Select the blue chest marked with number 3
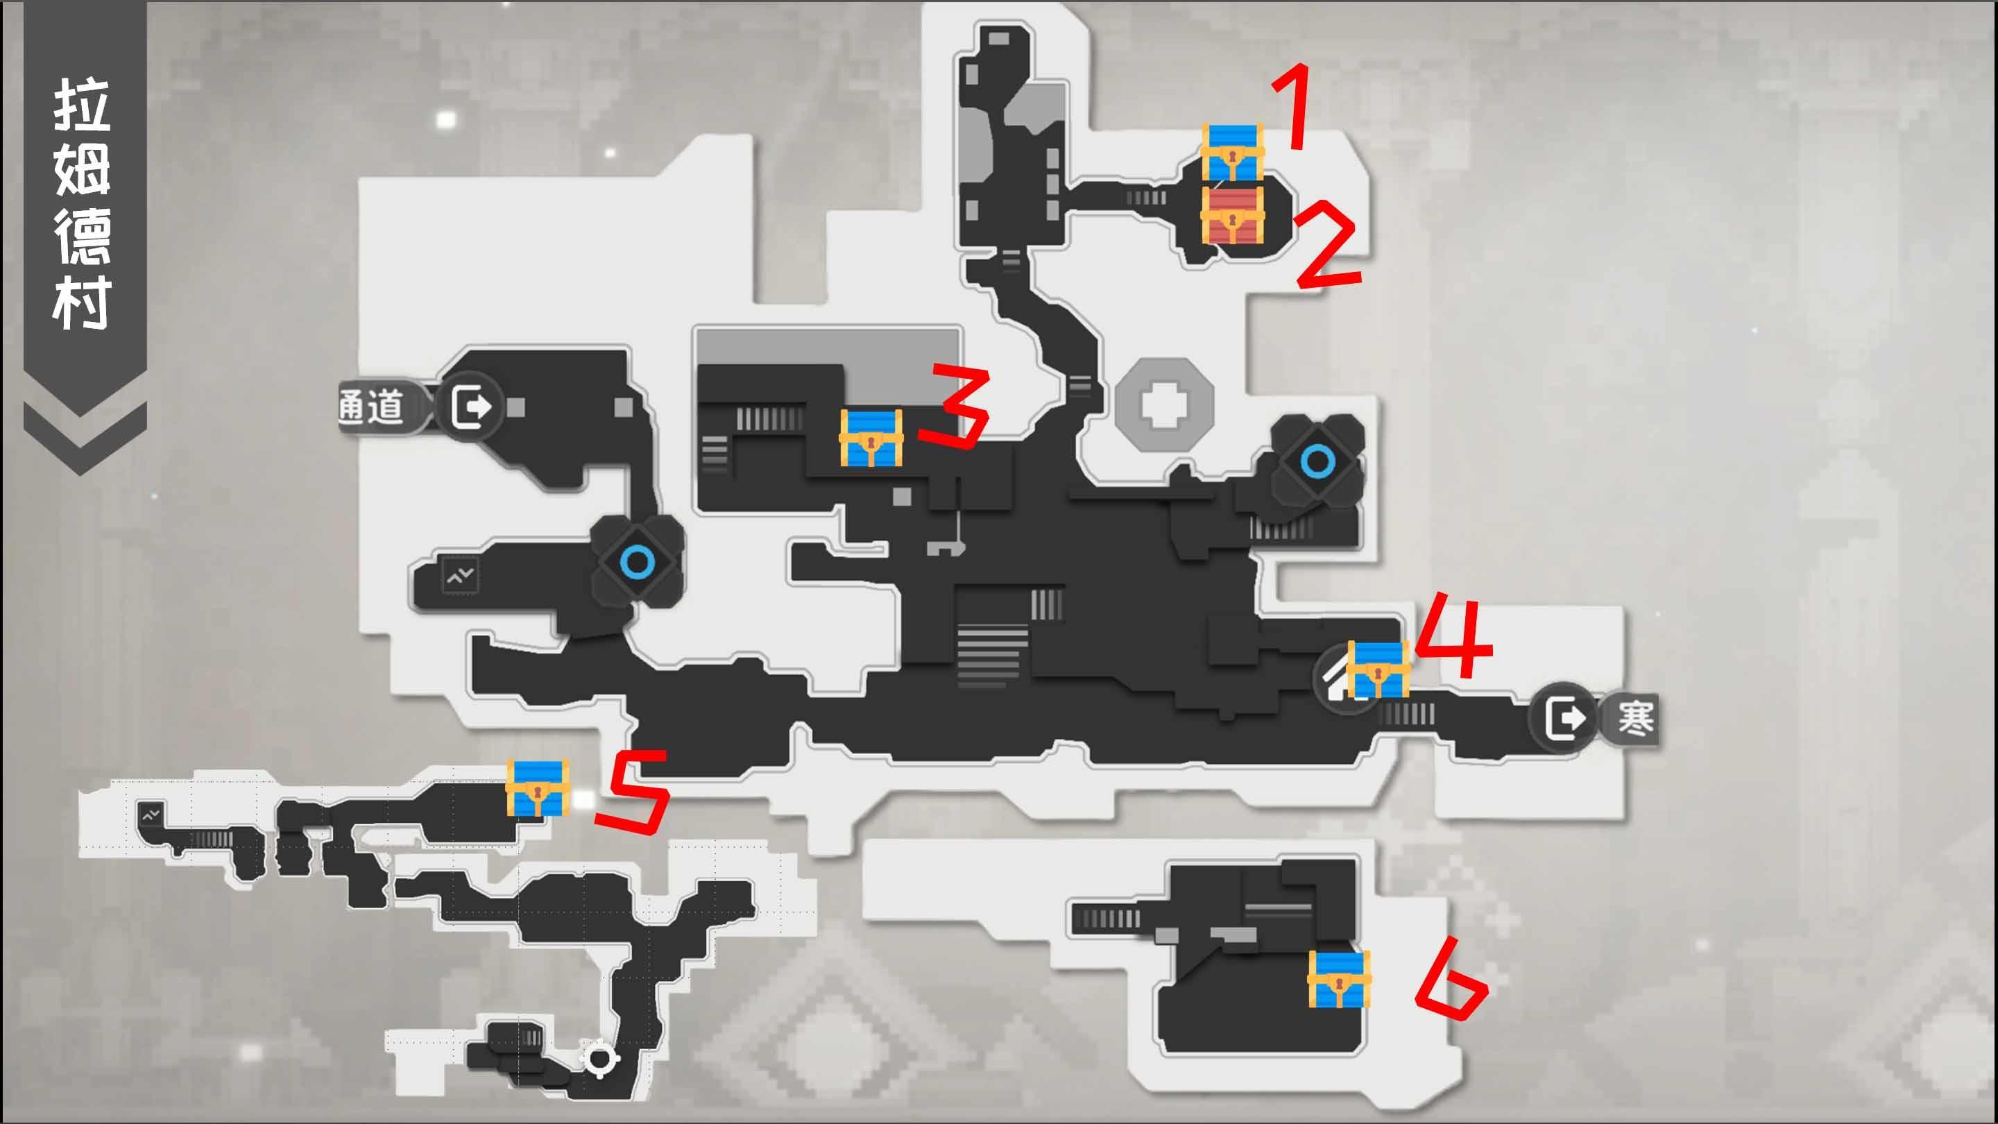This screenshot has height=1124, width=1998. [871, 438]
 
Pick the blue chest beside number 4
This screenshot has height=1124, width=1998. [1378, 669]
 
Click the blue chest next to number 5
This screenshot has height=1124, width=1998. [538, 788]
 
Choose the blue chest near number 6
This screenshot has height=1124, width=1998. [1339, 979]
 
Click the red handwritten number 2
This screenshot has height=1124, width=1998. [1326, 245]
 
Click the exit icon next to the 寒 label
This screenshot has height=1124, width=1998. [1564, 718]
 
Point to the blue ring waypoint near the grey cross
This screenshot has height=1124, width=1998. [1317, 462]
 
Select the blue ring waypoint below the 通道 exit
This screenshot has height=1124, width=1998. [638, 561]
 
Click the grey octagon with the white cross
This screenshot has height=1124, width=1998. [1164, 404]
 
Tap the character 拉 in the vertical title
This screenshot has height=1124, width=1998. [81, 105]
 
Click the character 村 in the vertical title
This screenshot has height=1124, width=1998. [81, 303]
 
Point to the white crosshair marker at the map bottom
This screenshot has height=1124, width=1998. [599, 1058]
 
